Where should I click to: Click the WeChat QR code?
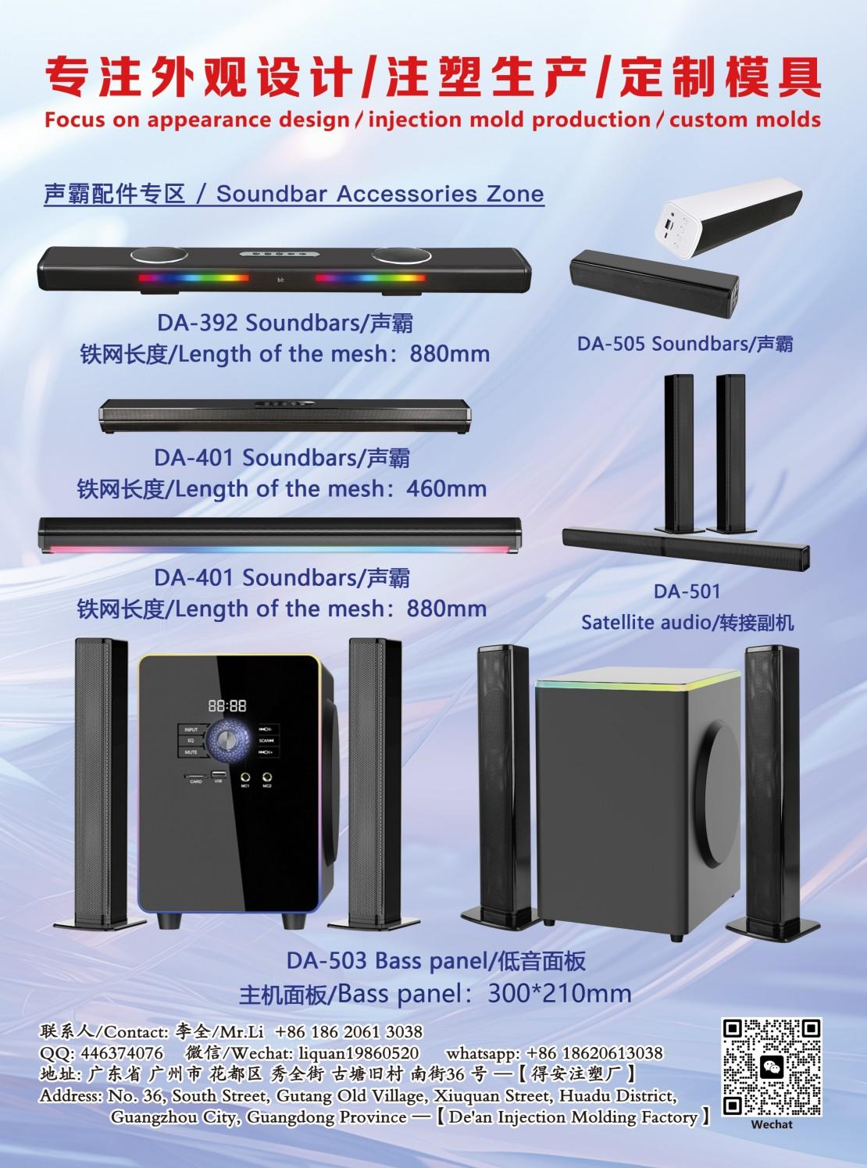coord(772,1067)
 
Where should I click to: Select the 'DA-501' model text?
coord(687,591)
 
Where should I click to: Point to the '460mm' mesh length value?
coord(446,489)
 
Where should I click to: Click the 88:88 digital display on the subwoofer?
coord(227,705)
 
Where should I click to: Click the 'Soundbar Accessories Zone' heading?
coord(380,194)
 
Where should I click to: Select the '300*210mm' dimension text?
coord(558,994)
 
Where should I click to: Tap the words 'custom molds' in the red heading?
coord(745,120)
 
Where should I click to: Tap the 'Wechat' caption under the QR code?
coord(771,1124)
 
